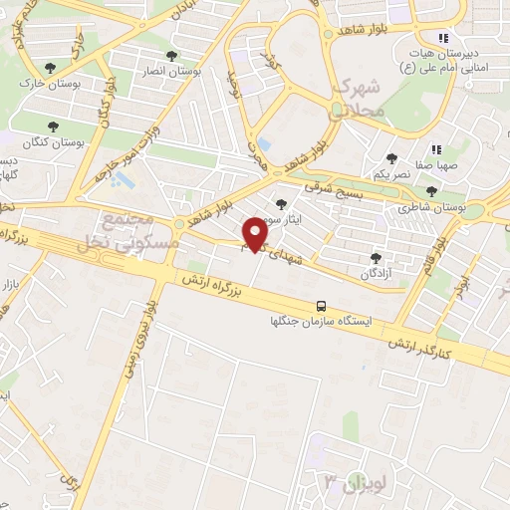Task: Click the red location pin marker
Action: [256, 233]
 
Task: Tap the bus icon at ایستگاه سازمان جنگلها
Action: [322, 306]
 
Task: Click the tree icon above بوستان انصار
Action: [173, 56]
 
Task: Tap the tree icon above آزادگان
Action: [376, 256]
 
